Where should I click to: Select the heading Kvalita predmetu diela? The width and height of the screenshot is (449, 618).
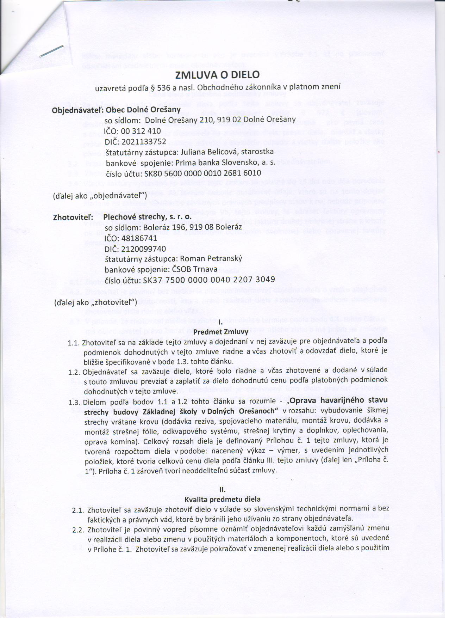(x=222, y=499)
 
